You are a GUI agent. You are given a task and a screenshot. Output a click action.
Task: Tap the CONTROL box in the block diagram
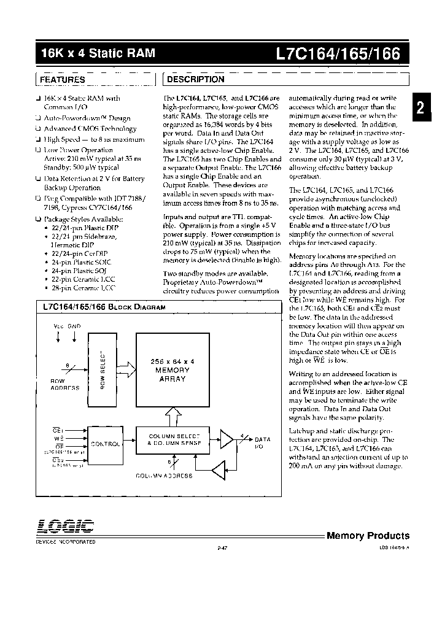(x=106, y=443)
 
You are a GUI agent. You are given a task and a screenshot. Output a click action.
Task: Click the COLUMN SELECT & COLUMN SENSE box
(x=175, y=439)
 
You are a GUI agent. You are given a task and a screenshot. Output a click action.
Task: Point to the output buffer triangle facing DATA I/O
(x=228, y=439)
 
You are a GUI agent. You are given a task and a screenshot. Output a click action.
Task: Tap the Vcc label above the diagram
(x=59, y=327)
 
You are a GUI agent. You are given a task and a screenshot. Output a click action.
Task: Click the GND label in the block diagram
(x=74, y=327)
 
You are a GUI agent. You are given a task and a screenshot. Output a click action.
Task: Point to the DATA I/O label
(x=262, y=443)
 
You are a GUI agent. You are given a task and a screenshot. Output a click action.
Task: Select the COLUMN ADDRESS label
(x=164, y=476)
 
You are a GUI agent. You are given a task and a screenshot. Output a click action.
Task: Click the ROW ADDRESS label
(x=64, y=384)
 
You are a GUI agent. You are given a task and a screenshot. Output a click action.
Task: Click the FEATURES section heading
(x=63, y=80)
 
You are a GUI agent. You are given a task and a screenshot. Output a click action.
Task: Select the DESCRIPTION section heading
(x=196, y=80)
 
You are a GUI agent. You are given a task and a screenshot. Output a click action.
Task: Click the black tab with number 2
(x=421, y=109)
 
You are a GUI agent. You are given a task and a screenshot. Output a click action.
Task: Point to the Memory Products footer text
(x=368, y=536)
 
